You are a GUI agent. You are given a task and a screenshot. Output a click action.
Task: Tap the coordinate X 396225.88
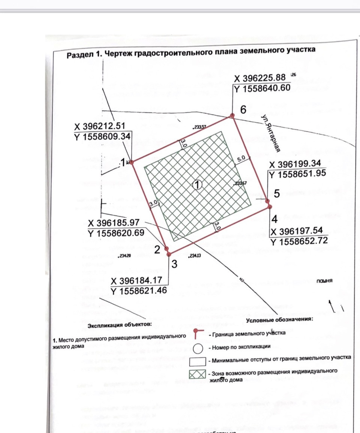click(x=260, y=78)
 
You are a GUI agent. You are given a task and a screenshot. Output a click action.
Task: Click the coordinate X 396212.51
click(x=100, y=126)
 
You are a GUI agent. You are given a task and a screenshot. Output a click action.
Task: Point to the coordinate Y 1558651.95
click(x=297, y=174)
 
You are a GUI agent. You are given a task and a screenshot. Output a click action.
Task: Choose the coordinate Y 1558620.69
click(x=116, y=233)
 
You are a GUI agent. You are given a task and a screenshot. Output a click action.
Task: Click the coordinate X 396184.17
click(x=138, y=281)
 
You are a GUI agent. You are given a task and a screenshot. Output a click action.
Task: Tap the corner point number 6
click(x=243, y=110)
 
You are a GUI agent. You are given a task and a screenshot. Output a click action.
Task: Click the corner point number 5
click(x=276, y=194)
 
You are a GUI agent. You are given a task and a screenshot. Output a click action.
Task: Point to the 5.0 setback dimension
click(x=240, y=159)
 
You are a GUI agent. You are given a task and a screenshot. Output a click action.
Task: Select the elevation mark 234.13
click(x=195, y=256)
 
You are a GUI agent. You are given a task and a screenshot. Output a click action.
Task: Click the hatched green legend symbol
click(x=197, y=375)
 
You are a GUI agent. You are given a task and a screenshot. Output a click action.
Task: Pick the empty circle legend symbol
click(x=197, y=348)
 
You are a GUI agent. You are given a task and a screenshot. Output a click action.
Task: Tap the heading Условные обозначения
click(x=279, y=320)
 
